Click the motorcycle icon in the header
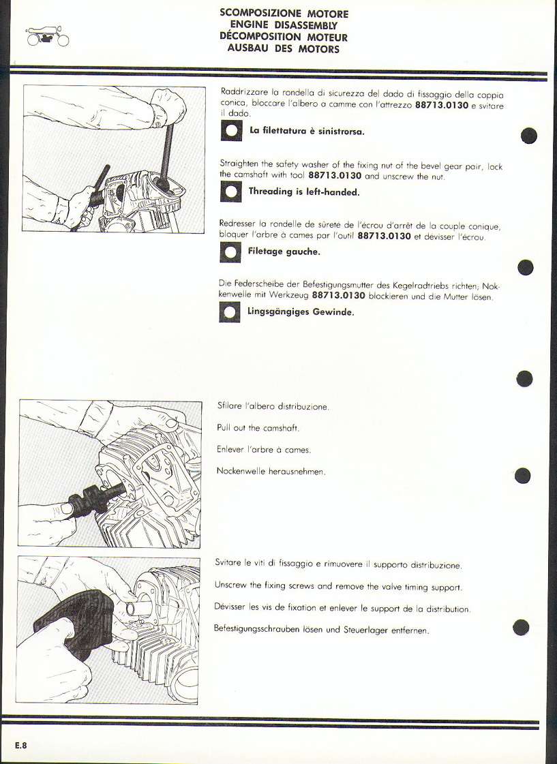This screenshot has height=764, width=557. point(48,37)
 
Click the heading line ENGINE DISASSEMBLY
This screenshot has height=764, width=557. point(284,25)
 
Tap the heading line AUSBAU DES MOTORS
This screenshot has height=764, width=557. point(284,48)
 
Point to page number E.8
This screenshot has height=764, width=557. point(21,745)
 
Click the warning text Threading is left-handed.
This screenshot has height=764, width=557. point(304,192)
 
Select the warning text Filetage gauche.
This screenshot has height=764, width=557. point(284,252)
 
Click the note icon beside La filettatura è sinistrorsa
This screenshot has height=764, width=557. point(232,131)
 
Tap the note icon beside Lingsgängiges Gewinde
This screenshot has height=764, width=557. point(230,312)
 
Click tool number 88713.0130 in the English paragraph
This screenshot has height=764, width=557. point(335,176)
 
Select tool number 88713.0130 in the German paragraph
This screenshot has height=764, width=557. point(339,296)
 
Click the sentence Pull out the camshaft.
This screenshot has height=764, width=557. point(258,428)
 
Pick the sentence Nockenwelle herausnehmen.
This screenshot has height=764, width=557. point(271,472)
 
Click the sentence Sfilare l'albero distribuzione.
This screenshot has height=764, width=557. point(273,406)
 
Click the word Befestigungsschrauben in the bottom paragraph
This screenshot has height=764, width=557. point(256,629)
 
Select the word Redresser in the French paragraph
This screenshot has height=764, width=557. point(237,226)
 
